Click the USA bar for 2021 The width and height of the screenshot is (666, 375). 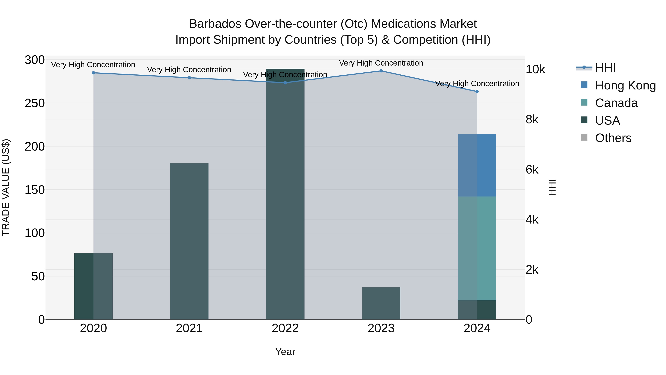pos(189,241)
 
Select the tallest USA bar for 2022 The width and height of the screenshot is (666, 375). pos(285,194)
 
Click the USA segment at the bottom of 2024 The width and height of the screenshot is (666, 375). pos(477,310)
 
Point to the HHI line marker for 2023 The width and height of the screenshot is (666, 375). pos(381,71)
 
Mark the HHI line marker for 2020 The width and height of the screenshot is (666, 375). pos(93,73)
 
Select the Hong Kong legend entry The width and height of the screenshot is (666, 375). pos(625,85)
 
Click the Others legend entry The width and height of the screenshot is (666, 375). pos(613,138)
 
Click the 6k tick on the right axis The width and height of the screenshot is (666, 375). pos(532,170)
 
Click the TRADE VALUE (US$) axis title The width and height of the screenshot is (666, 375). pos(6,187)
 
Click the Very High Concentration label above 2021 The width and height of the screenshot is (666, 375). pos(189,70)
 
